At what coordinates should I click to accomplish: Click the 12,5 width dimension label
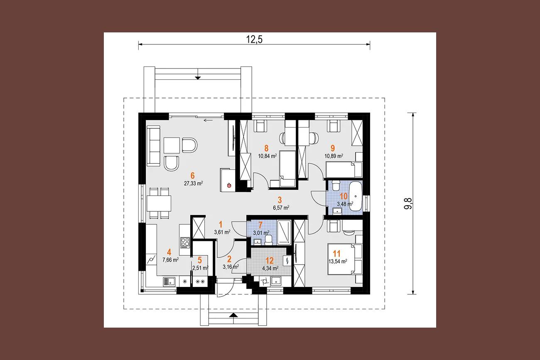pos(254,39)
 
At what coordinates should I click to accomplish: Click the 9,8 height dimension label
pos(408,203)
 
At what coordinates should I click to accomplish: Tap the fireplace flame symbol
pos(229,185)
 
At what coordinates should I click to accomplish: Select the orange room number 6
pos(192,175)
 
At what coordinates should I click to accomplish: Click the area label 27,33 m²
pos(193,184)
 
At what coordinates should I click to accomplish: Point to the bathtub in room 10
pos(356,196)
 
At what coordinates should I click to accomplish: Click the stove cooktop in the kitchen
pos(185,242)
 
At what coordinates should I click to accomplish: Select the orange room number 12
pos(270,260)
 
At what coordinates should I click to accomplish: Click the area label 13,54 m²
pos(338,261)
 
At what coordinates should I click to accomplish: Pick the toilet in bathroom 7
pos(269,240)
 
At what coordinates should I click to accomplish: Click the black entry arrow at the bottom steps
pos(233,315)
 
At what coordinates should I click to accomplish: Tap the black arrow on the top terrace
pos(198,78)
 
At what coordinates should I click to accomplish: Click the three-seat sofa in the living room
pos(154,146)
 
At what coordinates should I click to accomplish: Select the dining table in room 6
pos(159,203)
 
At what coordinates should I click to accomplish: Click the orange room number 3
pos(280,200)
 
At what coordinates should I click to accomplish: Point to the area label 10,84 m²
pos(268,156)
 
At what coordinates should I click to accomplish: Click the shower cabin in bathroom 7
pos(284,232)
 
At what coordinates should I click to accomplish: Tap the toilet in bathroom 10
pos(336,186)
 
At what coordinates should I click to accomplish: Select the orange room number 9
pos(333,148)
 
